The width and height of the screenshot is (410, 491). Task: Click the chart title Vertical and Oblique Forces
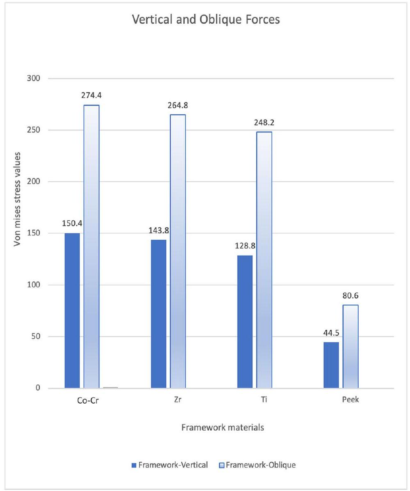pos(206,19)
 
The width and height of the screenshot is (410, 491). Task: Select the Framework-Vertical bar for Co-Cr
pos(72,311)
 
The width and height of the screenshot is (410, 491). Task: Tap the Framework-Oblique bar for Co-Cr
pos(92,247)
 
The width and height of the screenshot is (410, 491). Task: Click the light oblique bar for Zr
pos(178,251)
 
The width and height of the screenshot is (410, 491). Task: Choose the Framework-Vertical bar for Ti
pos(245,322)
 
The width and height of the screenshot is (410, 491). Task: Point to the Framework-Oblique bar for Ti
pos(264,260)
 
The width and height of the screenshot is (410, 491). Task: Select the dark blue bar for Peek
pos(331,365)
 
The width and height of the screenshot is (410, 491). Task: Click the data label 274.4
pos(92,95)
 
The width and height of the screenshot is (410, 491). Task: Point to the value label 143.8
pos(158,231)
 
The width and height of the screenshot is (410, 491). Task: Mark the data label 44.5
pos(331,333)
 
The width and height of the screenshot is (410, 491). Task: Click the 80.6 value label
pos(350,296)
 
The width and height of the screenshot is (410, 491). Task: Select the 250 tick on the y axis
pos(39,130)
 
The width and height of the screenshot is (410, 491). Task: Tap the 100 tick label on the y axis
pos(39,285)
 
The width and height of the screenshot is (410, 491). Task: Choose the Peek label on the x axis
pos(350,400)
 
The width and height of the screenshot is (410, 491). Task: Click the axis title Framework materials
pos(222,427)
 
